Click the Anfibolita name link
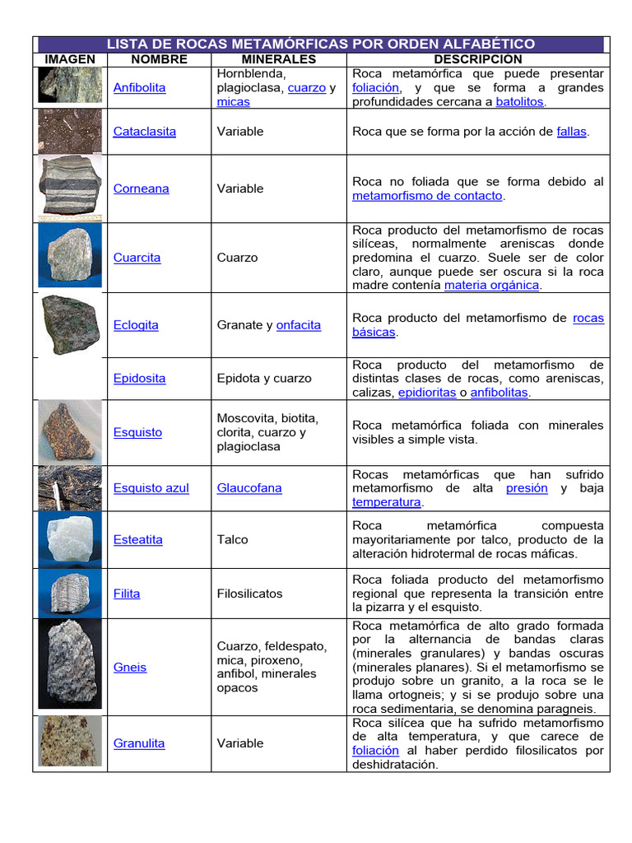[x=139, y=87]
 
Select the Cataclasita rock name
[x=144, y=131]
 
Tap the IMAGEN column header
[x=70, y=59]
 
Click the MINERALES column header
[x=278, y=59]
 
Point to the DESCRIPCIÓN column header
[x=477, y=59]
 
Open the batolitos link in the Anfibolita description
[x=519, y=102]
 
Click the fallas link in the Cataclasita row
[x=571, y=131]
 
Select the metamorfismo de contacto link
[x=427, y=196]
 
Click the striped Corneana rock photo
[x=71, y=187]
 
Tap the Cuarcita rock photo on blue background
[x=70, y=256]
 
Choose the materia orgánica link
[x=491, y=285]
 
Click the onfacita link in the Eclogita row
[x=299, y=325]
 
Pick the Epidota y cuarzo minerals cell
[x=264, y=379]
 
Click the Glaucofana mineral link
[x=249, y=488]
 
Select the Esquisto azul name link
[x=151, y=488]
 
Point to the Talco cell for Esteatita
[x=233, y=540]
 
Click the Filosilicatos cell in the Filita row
[x=249, y=594]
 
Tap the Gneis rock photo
[x=70, y=666]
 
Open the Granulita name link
[x=139, y=743]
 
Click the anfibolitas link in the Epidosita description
[x=499, y=393]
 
